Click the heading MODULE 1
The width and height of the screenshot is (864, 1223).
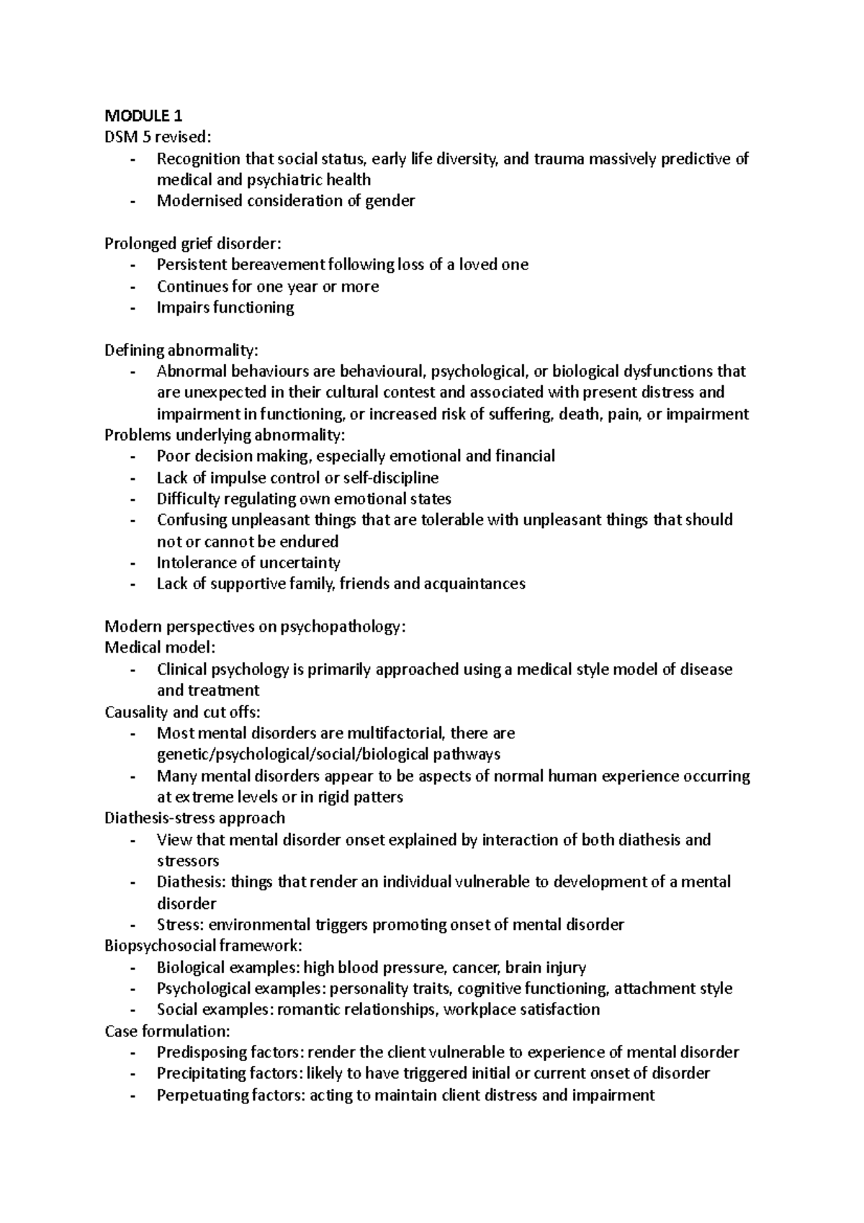(143, 116)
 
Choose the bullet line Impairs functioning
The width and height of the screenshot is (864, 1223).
(225, 308)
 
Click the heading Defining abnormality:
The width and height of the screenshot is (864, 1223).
(181, 350)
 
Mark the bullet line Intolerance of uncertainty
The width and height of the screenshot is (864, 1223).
(248, 563)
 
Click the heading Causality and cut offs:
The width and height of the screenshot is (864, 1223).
(182, 712)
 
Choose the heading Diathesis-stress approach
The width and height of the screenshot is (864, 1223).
(194, 818)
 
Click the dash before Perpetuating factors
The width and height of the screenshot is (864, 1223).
(132, 1096)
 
